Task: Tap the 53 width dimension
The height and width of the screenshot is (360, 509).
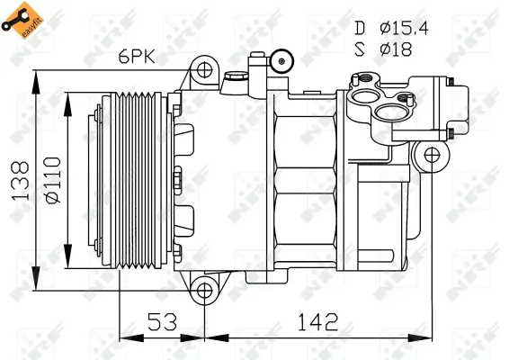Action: [162, 320]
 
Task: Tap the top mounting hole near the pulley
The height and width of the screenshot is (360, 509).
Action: [206, 69]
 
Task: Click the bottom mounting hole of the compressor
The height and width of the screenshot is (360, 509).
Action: [206, 290]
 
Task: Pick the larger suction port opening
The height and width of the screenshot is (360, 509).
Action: [390, 112]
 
